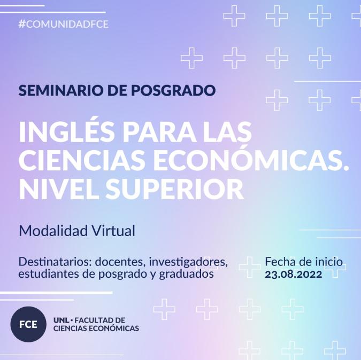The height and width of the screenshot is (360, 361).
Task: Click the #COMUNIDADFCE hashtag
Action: (x=63, y=24)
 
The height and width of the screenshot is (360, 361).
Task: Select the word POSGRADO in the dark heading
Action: (x=173, y=90)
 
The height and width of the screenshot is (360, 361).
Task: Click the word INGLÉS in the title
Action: (x=67, y=132)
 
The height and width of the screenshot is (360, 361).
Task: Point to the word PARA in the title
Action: (x=159, y=132)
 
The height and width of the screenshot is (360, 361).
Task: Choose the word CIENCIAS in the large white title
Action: (x=82, y=160)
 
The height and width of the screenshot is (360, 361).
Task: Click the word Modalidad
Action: (x=53, y=231)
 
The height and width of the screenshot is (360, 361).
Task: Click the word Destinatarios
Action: (x=55, y=262)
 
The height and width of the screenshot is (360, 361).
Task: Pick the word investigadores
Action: (x=188, y=262)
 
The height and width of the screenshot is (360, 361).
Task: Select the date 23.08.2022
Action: (x=293, y=274)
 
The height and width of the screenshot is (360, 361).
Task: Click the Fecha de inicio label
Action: (x=304, y=262)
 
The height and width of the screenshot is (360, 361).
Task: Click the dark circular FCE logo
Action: (x=28, y=324)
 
